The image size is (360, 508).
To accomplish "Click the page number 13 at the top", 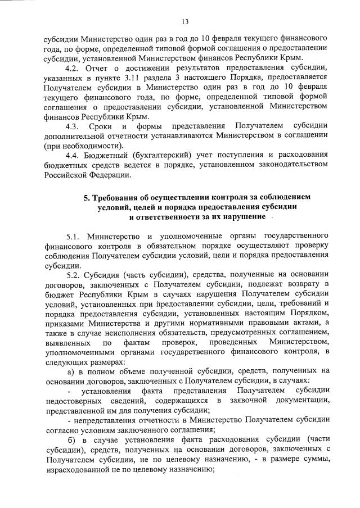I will (x=184, y=22).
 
